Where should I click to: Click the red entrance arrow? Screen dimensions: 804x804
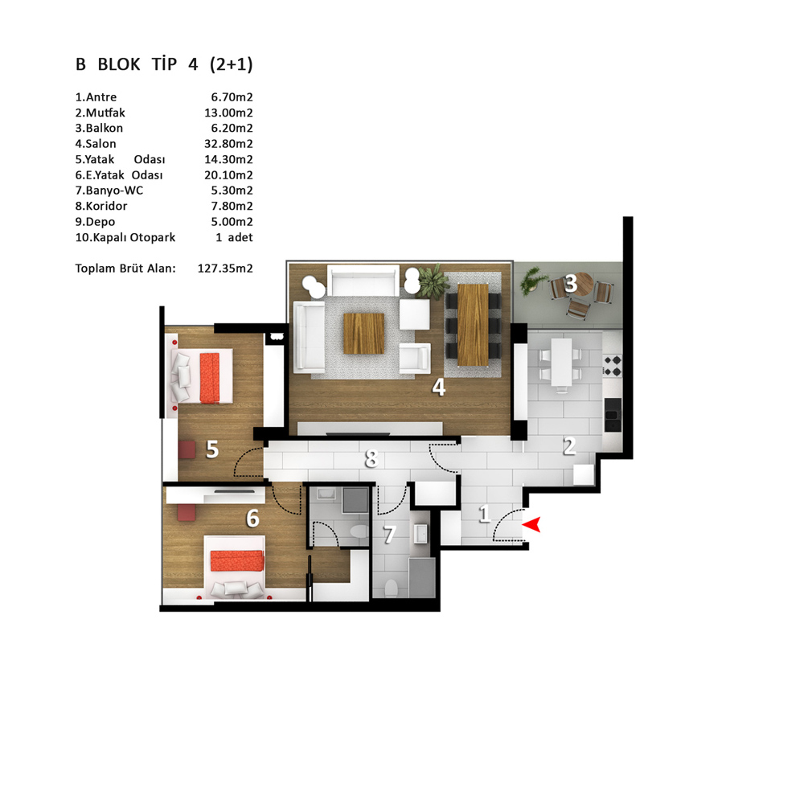[x=531, y=524]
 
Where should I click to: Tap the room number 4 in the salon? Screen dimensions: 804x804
[x=438, y=388]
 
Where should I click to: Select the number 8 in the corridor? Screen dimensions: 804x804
[x=371, y=458]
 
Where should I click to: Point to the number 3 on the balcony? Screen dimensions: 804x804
[x=571, y=283]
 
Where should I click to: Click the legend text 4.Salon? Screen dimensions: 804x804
[x=96, y=144]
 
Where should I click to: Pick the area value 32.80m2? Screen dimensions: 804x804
[x=228, y=144]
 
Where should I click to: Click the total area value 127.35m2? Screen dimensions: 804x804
[x=225, y=269]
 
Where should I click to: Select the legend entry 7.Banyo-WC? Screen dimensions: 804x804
[x=109, y=191]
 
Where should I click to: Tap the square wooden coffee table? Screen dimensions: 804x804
[x=363, y=334]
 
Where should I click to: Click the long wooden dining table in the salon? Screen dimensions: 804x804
[x=473, y=325]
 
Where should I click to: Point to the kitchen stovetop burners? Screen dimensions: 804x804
[x=613, y=365]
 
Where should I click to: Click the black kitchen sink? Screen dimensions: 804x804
[x=613, y=414]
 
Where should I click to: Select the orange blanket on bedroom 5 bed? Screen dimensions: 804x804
[x=209, y=378]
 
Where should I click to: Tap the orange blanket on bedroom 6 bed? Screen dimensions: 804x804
[x=237, y=560]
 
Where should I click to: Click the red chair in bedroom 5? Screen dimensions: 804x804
[x=187, y=449]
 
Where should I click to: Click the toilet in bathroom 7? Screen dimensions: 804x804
[x=391, y=589]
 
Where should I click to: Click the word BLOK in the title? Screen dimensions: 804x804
[x=119, y=64]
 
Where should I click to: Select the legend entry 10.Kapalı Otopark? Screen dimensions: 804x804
[x=125, y=237]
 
